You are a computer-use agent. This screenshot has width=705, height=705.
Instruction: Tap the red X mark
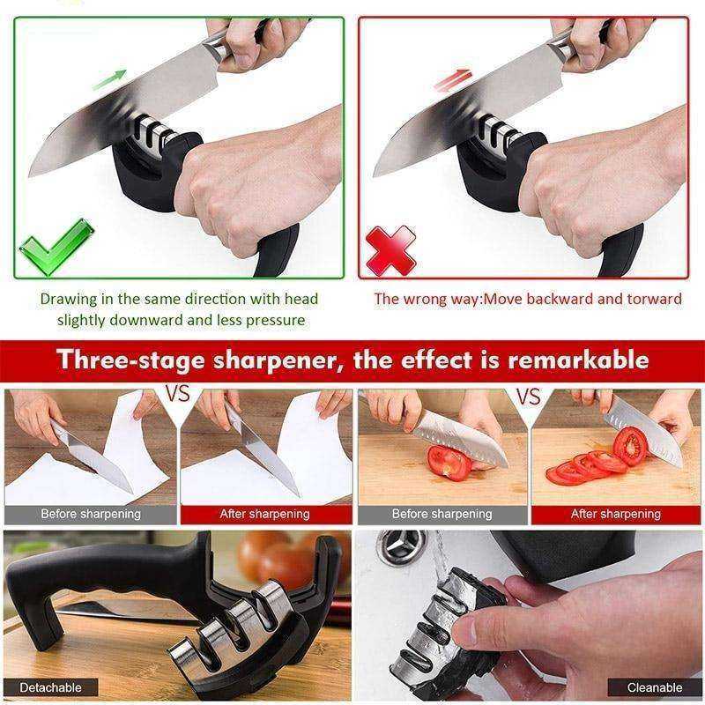390,250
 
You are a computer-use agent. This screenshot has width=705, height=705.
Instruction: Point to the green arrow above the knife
109,79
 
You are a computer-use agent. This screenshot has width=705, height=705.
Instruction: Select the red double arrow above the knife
453,80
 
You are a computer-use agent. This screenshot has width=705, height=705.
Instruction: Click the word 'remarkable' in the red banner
578,360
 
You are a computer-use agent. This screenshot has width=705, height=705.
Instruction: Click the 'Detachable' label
50,687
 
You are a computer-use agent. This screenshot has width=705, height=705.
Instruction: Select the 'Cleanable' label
655,687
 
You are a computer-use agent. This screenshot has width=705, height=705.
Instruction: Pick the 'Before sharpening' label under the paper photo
91,514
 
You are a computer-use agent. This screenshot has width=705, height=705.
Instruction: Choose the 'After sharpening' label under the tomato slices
615,514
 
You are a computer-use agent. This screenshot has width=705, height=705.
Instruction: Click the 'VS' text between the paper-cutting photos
178,393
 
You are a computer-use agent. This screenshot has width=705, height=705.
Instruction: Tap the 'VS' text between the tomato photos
528,396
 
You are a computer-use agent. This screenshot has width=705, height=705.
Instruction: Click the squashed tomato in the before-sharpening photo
449,464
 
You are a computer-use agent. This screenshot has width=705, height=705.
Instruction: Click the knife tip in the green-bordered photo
30,175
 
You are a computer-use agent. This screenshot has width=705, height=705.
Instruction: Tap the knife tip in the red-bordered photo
374,175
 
